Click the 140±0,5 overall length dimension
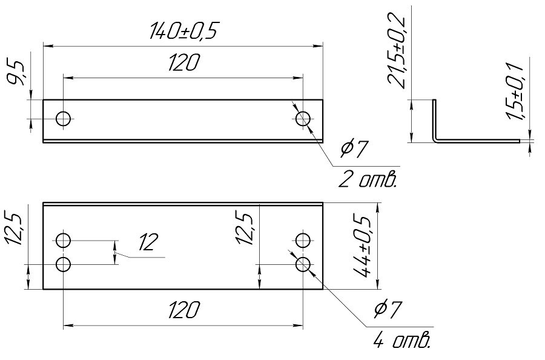coord(183,31)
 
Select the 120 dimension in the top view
coord(184,62)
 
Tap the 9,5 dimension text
coord(16,73)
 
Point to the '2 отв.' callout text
coord(368,179)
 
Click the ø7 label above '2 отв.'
coord(354,148)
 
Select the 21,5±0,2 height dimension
coord(397,52)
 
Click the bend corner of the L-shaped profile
coord(436,139)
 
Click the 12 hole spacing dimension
coord(148,242)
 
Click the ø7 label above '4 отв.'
coord(388,309)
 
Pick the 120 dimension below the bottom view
coord(184,310)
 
